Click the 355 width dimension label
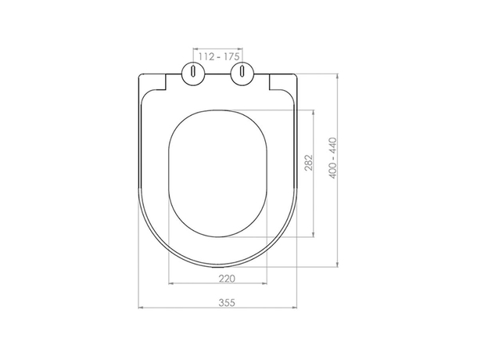click(227, 302)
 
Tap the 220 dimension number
click(227, 279)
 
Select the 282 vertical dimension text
click(309, 163)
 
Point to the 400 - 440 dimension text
click(333, 158)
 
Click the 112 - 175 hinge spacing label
click(219, 56)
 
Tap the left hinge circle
click(193, 74)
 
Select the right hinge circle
click(242, 74)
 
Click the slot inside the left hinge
click(193, 70)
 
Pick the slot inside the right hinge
click(242, 70)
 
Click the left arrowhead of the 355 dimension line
click(140, 308)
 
